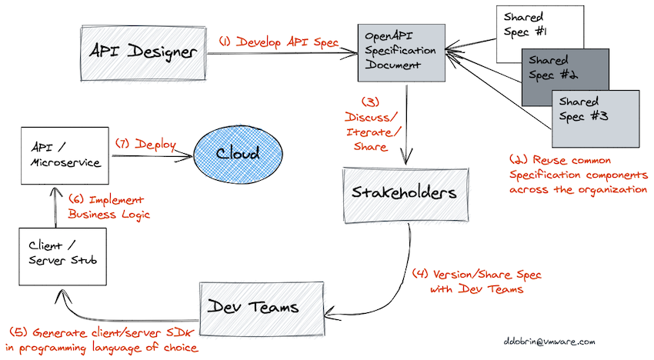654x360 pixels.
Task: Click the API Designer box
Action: tap(144, 52)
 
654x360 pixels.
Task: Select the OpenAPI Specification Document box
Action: tap(400, 52)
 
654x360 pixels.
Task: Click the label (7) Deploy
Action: tap(145, 143)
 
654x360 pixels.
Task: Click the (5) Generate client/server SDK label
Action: tap(103, 340)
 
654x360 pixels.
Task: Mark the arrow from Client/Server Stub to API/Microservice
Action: tap(55, 210)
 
